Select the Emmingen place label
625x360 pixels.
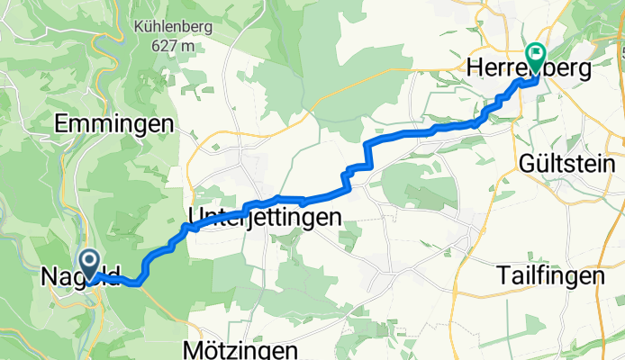[x=113, y=125]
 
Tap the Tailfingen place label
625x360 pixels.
[x=549, y=278]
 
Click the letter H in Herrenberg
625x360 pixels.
[x=475, y=68]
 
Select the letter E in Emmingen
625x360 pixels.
[x=61, y=125]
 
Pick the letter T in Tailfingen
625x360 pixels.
[x=503, y=278]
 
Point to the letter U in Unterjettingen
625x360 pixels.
[x=195, y=217]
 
